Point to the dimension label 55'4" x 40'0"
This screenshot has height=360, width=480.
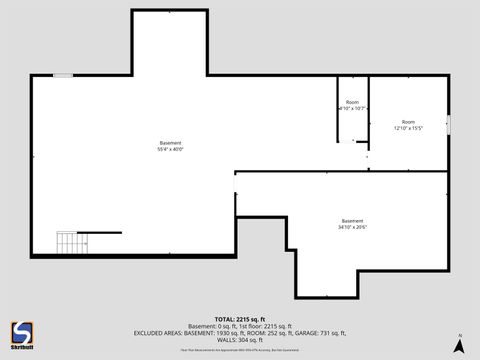[171, 150]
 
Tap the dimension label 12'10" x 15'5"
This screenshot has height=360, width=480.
[408, 128]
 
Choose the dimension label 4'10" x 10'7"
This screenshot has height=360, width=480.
[352, 109]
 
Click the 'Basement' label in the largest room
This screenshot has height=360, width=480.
[171, 143]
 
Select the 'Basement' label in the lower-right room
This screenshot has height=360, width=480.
[352, 221]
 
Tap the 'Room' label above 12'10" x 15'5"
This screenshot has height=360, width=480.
[408, 121]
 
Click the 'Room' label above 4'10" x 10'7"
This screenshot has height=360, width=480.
[352, 102]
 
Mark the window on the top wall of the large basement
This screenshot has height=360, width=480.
[63, 75]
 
